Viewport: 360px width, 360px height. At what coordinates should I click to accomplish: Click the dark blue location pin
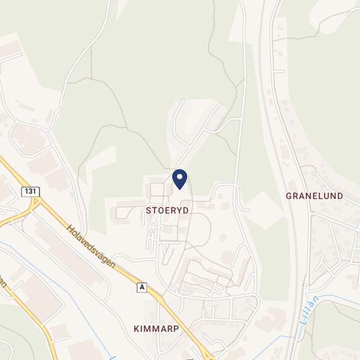pyautogui.click(x=179, y=179)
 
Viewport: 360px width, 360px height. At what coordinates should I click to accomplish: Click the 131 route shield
pyautogui.click(x=27, y=191)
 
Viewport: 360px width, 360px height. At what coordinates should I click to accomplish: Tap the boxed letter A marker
pyautogui.click(x=141, y=287)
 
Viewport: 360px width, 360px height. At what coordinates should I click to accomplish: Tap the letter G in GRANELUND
pyautogui.click(x=289, y=196)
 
